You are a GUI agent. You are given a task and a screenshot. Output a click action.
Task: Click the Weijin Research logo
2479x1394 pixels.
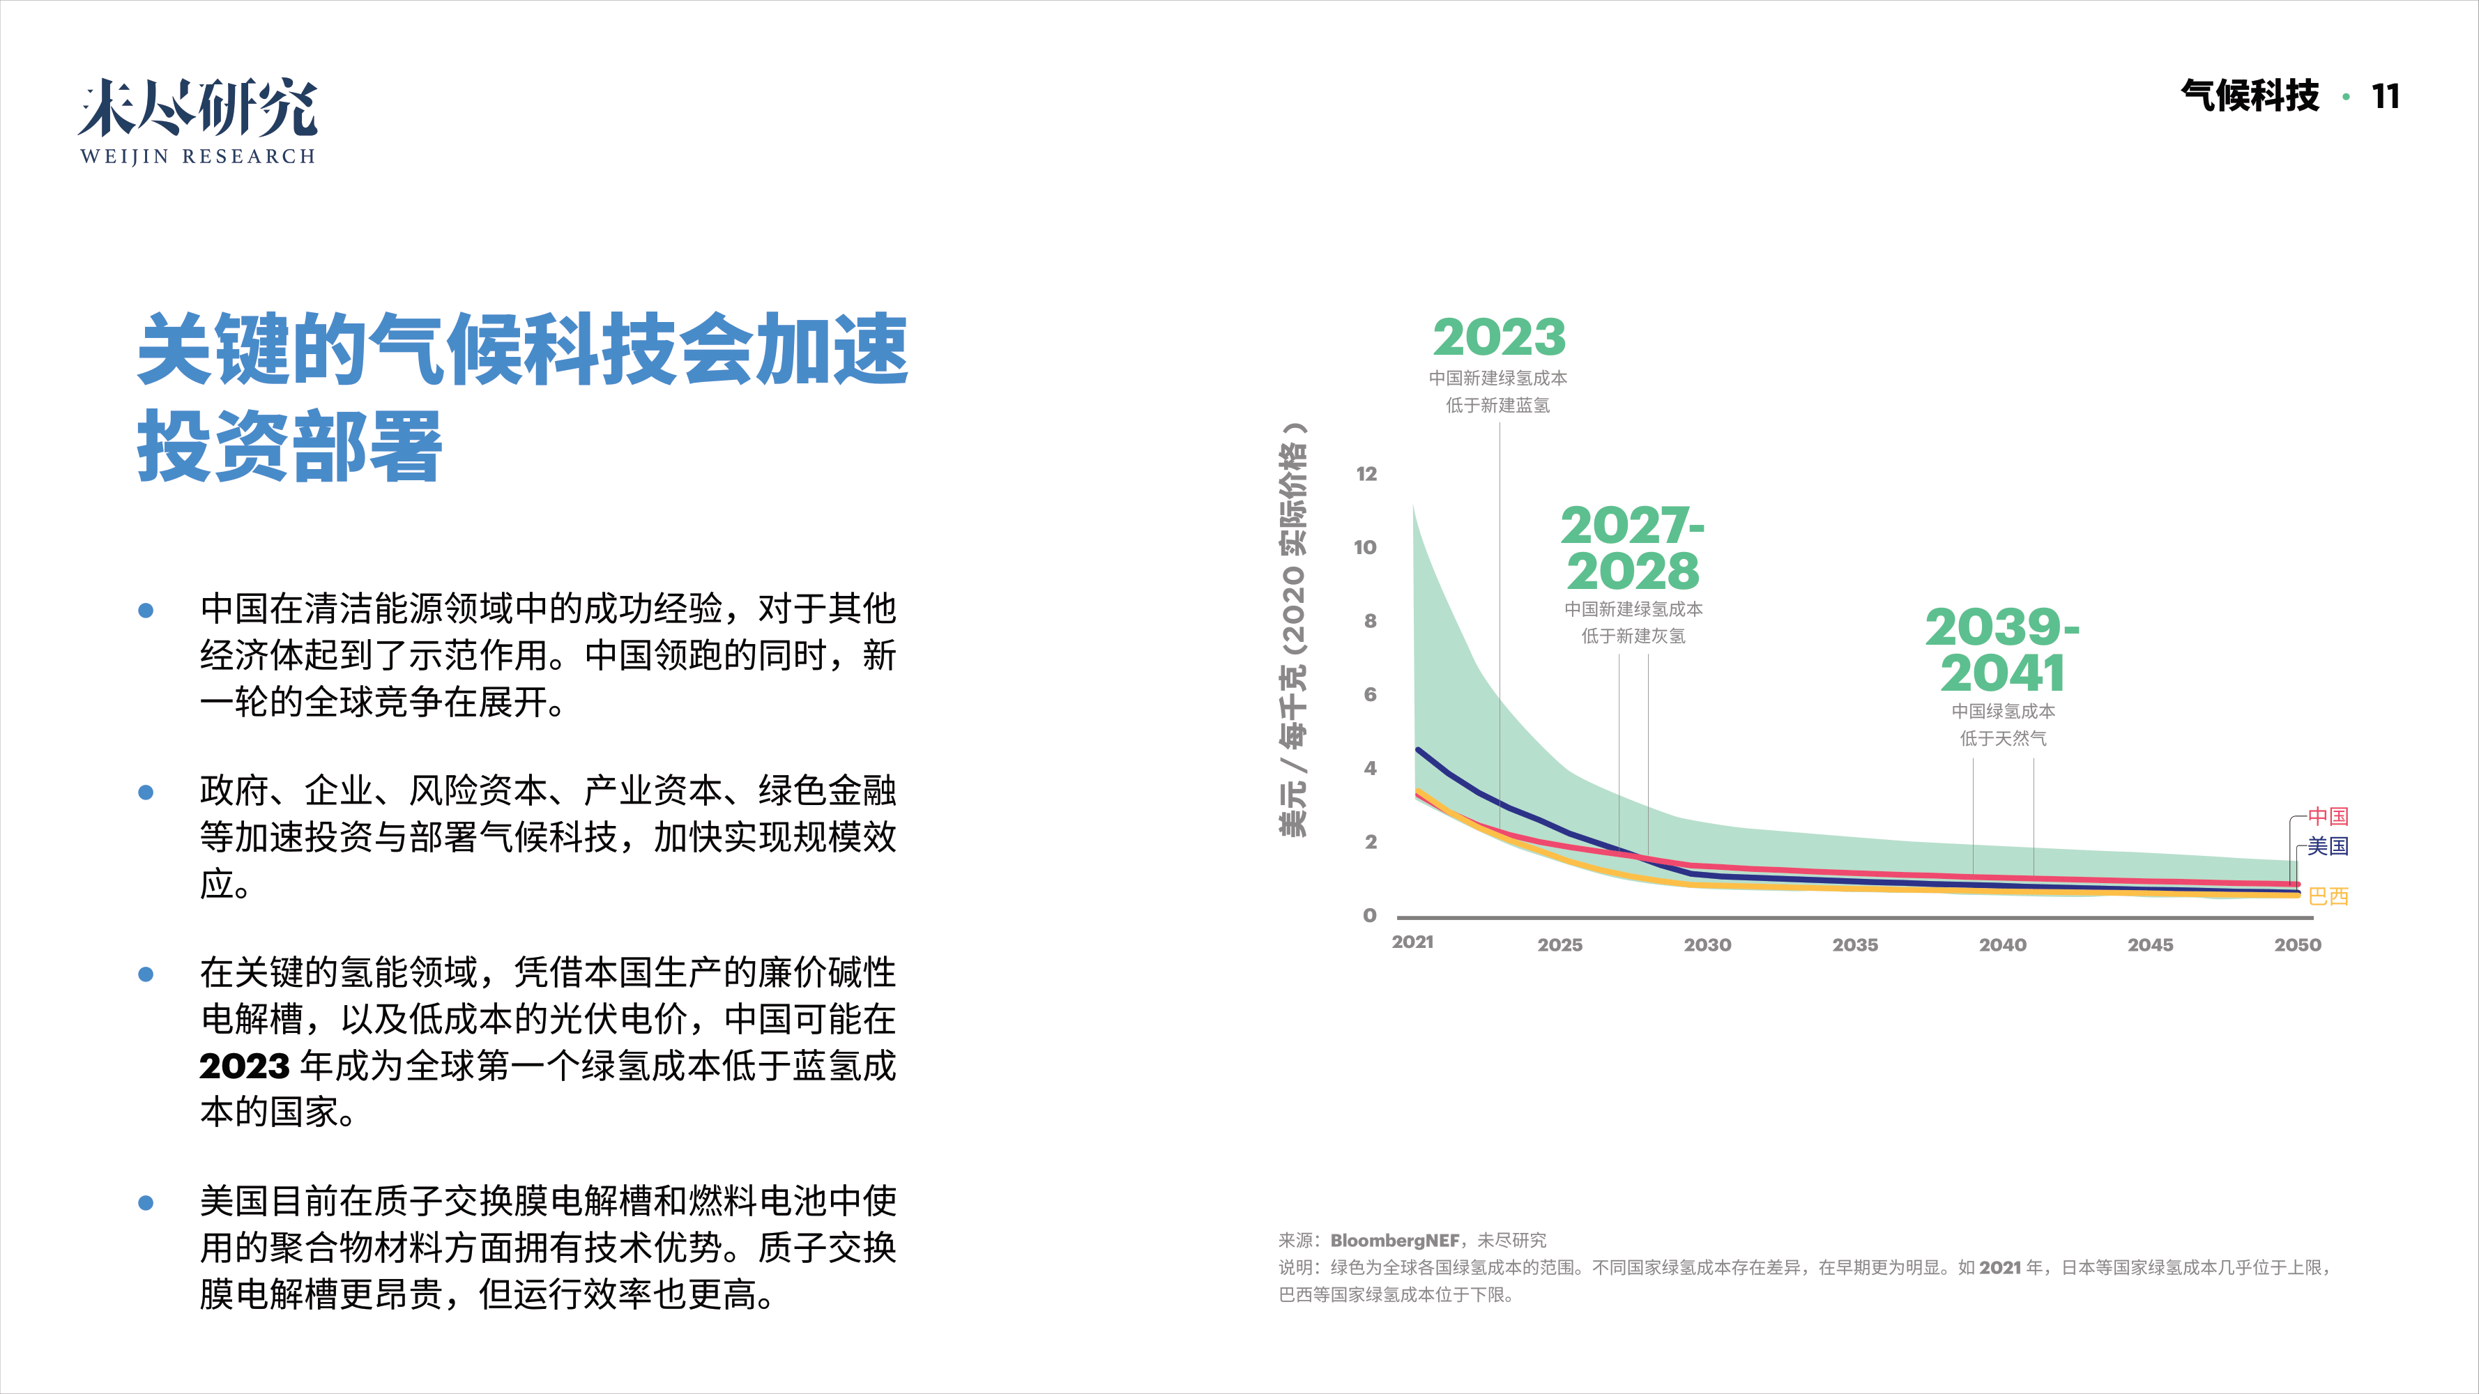click(197, 121)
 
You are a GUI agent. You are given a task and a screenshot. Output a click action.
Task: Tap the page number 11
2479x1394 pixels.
click(2385, 96)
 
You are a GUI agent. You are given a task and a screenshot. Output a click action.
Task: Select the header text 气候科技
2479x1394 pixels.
click(2249, 96)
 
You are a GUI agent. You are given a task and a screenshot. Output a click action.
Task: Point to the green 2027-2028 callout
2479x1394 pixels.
click(1632, 549)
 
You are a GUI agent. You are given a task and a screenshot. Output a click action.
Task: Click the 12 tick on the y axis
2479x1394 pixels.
click(1366, 474)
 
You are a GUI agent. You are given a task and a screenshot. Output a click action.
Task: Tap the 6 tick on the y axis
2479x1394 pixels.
click(1369, 695)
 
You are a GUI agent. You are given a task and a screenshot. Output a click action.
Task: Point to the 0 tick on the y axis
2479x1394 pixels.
click(1369, 916)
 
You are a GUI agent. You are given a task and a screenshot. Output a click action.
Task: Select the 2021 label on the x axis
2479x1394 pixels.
click(1412, 942)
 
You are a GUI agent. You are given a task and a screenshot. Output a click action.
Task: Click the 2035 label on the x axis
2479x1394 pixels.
click(1854, 944)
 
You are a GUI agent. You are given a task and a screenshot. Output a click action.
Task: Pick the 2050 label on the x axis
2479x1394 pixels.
click(2297, 944)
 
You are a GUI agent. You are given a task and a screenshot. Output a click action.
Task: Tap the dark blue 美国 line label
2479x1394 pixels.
click(2327, 847)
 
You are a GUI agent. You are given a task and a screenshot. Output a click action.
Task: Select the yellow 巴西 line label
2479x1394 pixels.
click(2327, 896)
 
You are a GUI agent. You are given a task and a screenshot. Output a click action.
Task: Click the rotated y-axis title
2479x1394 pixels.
click(1292, 630)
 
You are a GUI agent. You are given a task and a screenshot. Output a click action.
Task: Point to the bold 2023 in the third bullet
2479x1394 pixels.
click(245, 1066)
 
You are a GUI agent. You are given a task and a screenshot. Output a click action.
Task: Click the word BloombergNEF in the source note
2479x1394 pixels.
click(1394, 1240)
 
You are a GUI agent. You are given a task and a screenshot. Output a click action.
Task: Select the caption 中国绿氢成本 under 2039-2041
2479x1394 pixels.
click(2003, 711)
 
